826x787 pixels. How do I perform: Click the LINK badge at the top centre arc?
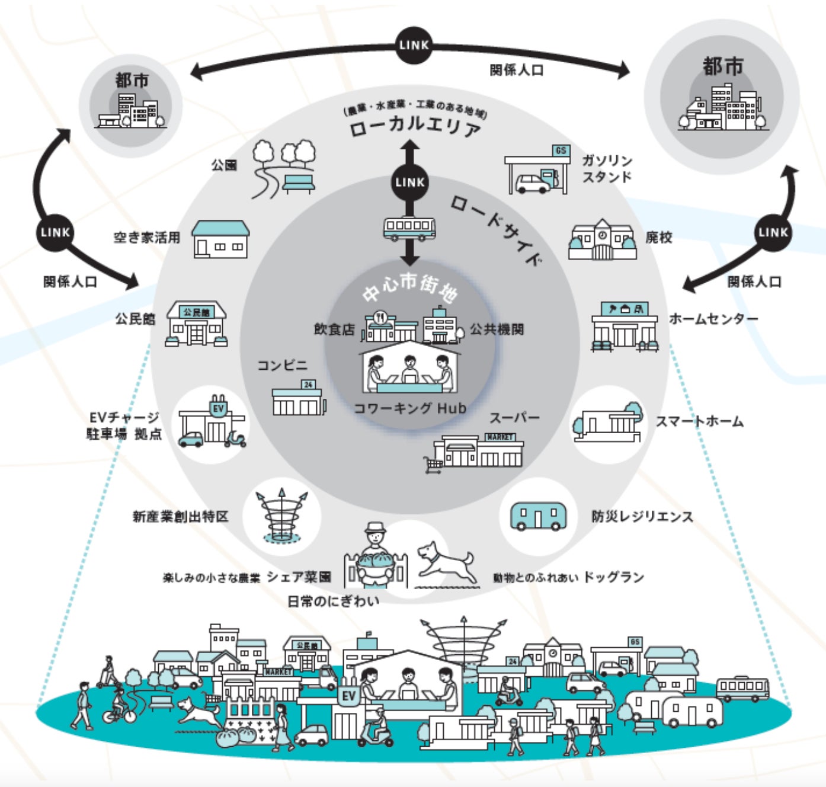click(414, 45)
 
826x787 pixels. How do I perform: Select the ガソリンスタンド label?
click(607, 169)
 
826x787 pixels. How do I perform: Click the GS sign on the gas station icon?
click(560, 151)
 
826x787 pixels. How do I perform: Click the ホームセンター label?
click(713, 319)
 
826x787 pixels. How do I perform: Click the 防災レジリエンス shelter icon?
click(538, 516)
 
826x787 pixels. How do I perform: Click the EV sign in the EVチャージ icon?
click(219, 408)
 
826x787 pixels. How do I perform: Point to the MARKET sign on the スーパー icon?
click(500, 437)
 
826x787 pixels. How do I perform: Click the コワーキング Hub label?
click(409, 408)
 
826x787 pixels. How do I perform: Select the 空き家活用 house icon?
click(220, 239)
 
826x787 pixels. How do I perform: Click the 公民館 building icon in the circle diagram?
click(196, 324)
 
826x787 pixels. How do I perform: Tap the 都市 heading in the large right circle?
click(723, 66)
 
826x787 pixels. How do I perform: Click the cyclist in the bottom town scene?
click(119, 706)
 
